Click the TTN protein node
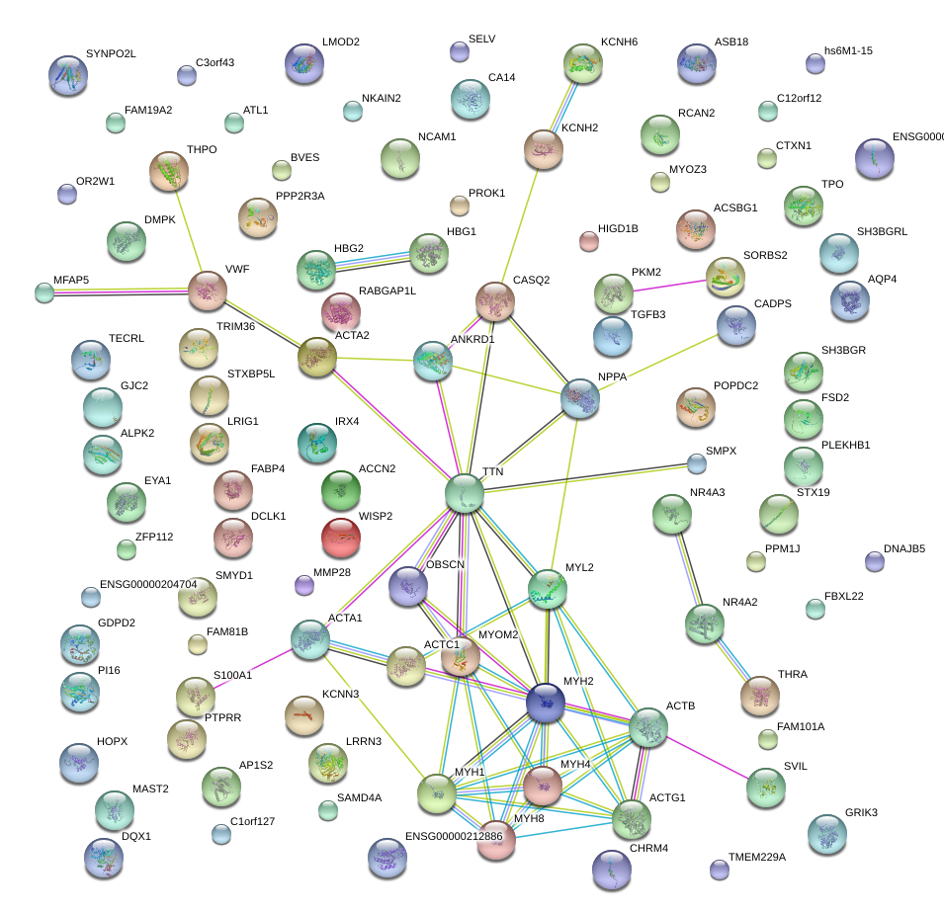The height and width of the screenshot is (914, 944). point(464,493)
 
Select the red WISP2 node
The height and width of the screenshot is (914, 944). point(341,537)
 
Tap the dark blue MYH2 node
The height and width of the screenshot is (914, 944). point(545,701)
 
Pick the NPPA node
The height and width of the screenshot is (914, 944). point(580,398)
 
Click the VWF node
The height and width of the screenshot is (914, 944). point(208,291)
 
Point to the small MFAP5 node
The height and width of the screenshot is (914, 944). point(44,291)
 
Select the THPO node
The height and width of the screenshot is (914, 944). point(169,172)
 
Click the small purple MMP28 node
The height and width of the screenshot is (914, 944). point(304,585)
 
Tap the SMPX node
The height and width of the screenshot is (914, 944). point(698,462)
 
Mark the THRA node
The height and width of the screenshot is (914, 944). point(759,695)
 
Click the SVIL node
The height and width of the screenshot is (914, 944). point(766,787)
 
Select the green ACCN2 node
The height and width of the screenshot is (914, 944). point(341,487)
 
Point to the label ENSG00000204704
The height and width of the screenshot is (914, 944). point(148,584)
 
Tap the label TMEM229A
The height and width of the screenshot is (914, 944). point(756,857)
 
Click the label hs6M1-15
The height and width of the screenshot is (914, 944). point(848,50)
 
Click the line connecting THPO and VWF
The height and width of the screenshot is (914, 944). point(188,231)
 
